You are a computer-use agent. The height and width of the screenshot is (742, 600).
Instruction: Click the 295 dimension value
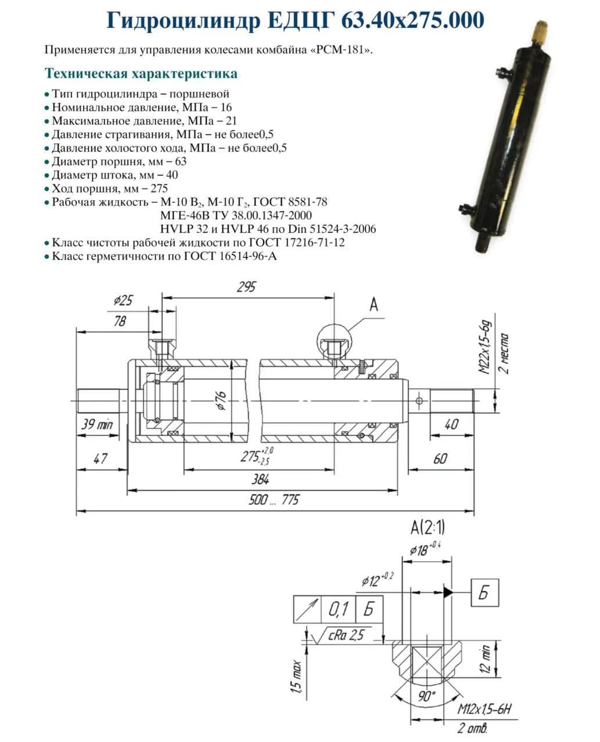pyautogui.click(x=246, y=287)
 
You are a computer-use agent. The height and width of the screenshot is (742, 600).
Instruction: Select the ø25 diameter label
pyautogui.click(x=123, y=300)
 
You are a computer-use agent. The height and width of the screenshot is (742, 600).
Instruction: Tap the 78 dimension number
pyautogui.click(x=120, y=321)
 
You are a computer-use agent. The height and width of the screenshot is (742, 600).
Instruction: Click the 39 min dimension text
pyautogui.click(x=97, y=424)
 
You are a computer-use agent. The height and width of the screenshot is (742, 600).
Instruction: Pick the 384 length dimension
pyautogui.click(x=260, y=479)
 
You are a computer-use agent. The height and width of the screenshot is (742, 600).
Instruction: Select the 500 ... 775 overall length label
pyautogui.click(x=274, y=500)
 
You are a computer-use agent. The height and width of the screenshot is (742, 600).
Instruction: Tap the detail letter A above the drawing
pyautogui.click(x=373, y=304)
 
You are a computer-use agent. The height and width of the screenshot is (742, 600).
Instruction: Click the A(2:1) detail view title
pyautogui.click(x=428, y=528)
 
